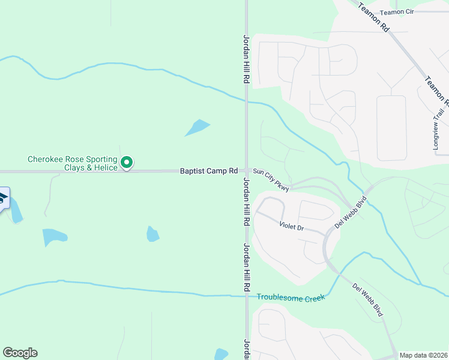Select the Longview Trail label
(x=436, y=135)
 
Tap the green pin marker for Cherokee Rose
(x=127, y=162)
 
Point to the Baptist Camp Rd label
(x=209, y=171)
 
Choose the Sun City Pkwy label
(x=271, y=180)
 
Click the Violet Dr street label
(x=292, y=227)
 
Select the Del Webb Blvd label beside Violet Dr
(x=350, y=211)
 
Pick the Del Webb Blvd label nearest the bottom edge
(x=367, y=300)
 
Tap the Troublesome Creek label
(x=291, y=297)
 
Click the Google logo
(x=20, y=353)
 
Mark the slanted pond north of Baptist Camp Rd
(x=197, y=127)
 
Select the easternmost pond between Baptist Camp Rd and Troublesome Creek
(x=153, y=234)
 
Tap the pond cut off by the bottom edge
(x=221, y=354)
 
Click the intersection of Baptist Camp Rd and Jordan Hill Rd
(x=246, y=171)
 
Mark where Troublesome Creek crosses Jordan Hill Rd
(x=246, y=296)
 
